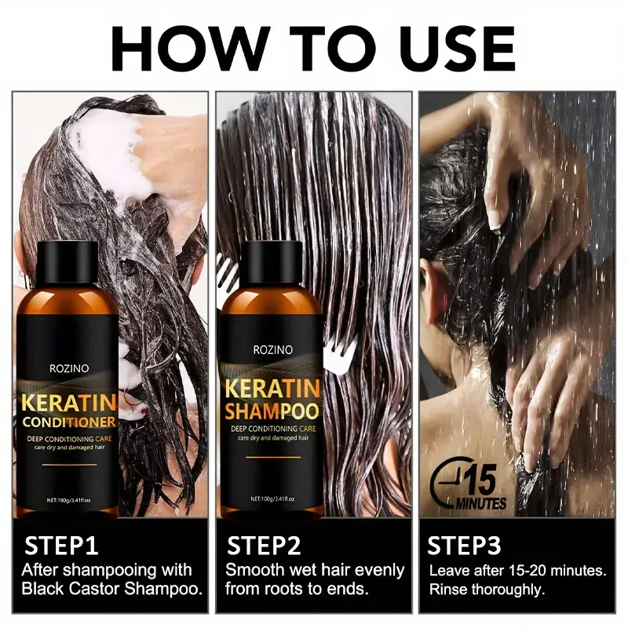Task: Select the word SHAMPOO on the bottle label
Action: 272,411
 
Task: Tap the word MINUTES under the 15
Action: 480,503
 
